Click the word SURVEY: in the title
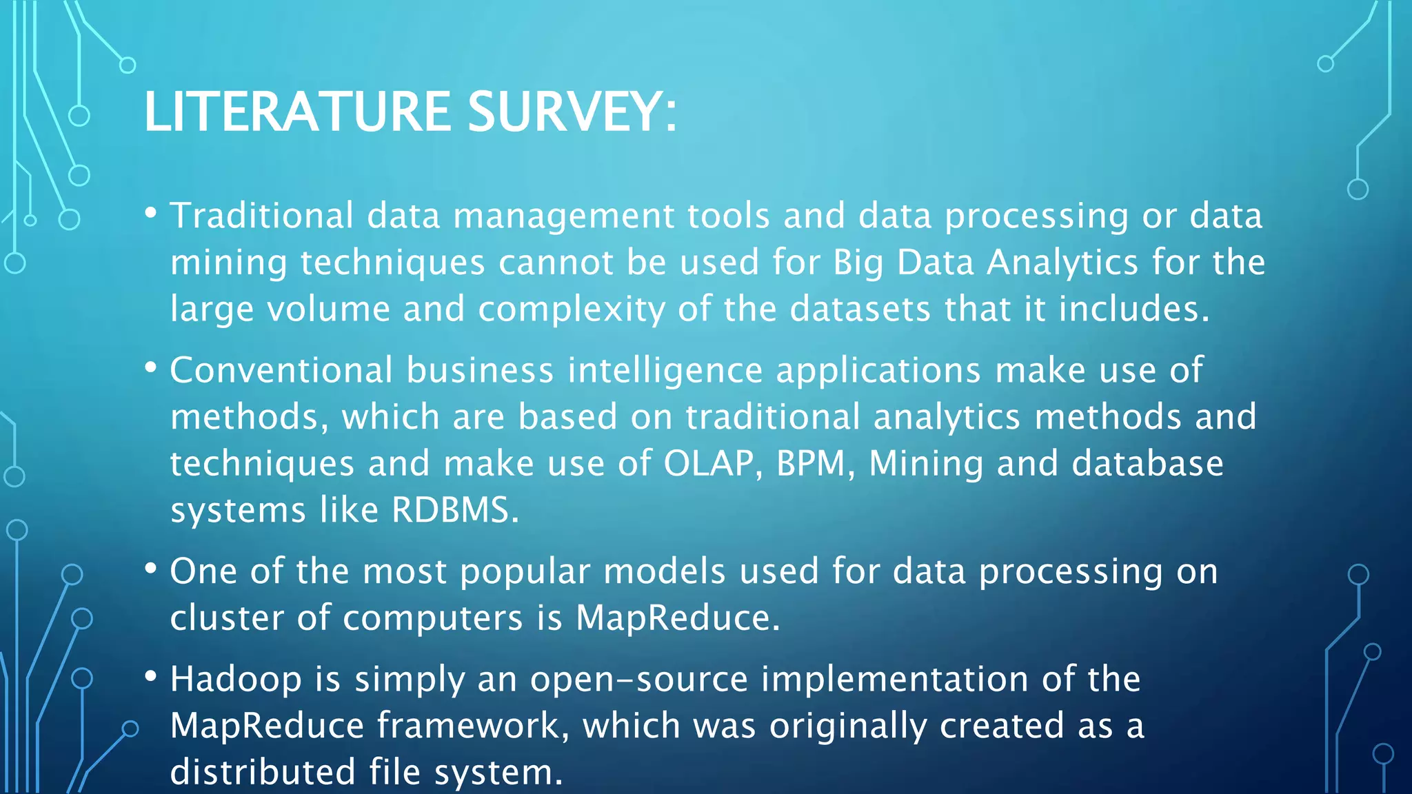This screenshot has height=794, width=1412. click(x=572, y=112)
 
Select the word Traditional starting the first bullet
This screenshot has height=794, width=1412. click(x=262, y=216)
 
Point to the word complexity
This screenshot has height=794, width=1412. click(x=572, y=309)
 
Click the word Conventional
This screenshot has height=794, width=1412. click(x=281, y=371)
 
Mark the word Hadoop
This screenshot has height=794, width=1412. click(x=236, y=680)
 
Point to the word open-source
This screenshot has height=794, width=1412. click(x=638, y=680)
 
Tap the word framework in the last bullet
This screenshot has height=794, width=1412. click(x=473, y=726)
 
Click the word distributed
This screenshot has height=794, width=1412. click(x=262, y=772)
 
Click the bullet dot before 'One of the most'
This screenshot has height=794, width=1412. click(x=151, y=569)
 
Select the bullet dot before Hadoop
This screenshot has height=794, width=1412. click(x=151, y=676)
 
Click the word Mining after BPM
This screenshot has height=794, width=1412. click(x=925, y=463)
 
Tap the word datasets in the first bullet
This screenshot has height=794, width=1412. click(x=860, y=309)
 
